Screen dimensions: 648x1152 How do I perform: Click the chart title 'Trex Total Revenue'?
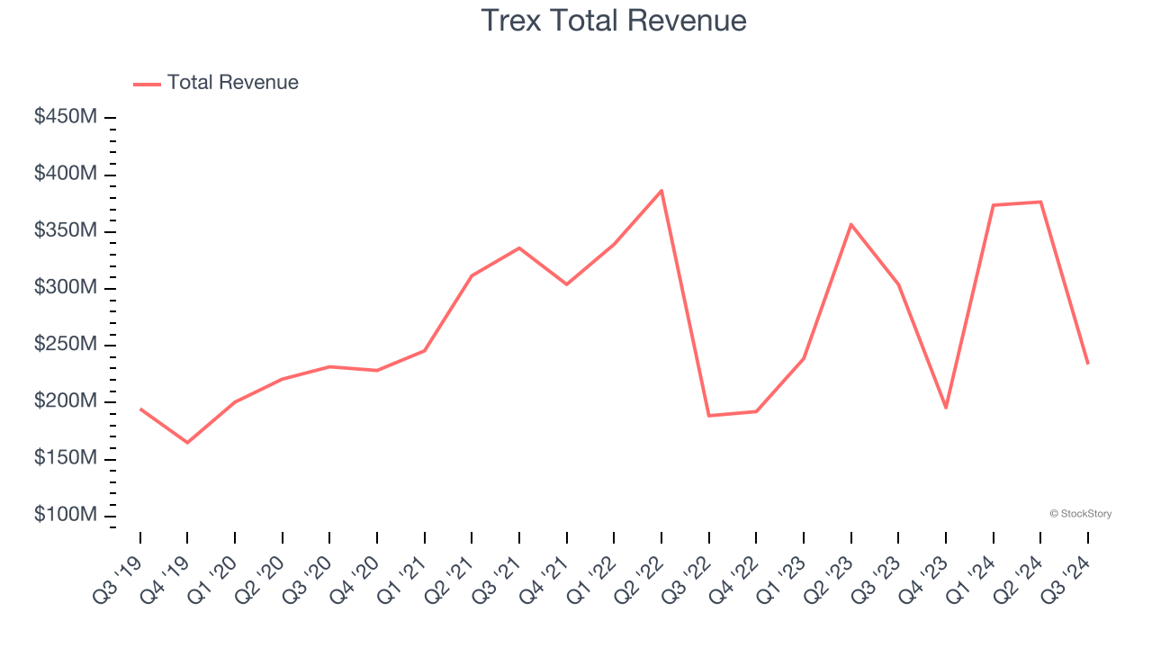point(614,20)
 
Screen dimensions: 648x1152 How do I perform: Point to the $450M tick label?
point(66,117)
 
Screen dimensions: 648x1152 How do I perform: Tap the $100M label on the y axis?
point(66,515)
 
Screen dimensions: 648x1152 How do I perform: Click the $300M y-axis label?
point(66,288)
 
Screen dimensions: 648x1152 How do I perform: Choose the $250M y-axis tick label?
point(66,345)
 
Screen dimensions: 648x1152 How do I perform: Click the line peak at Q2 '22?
point(661,191)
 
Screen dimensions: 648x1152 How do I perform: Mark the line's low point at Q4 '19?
point(187,443)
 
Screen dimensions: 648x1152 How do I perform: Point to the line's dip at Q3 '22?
point(709,415)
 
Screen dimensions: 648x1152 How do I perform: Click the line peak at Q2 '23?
point(850,224)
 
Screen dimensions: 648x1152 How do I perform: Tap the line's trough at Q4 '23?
point(946,408)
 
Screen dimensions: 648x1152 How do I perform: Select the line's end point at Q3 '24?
point(1087,363)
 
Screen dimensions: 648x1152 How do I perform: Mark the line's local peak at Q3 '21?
point(519,247)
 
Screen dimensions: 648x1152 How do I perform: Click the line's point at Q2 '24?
point(1040,202)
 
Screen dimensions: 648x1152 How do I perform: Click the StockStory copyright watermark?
point(1080,514)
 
